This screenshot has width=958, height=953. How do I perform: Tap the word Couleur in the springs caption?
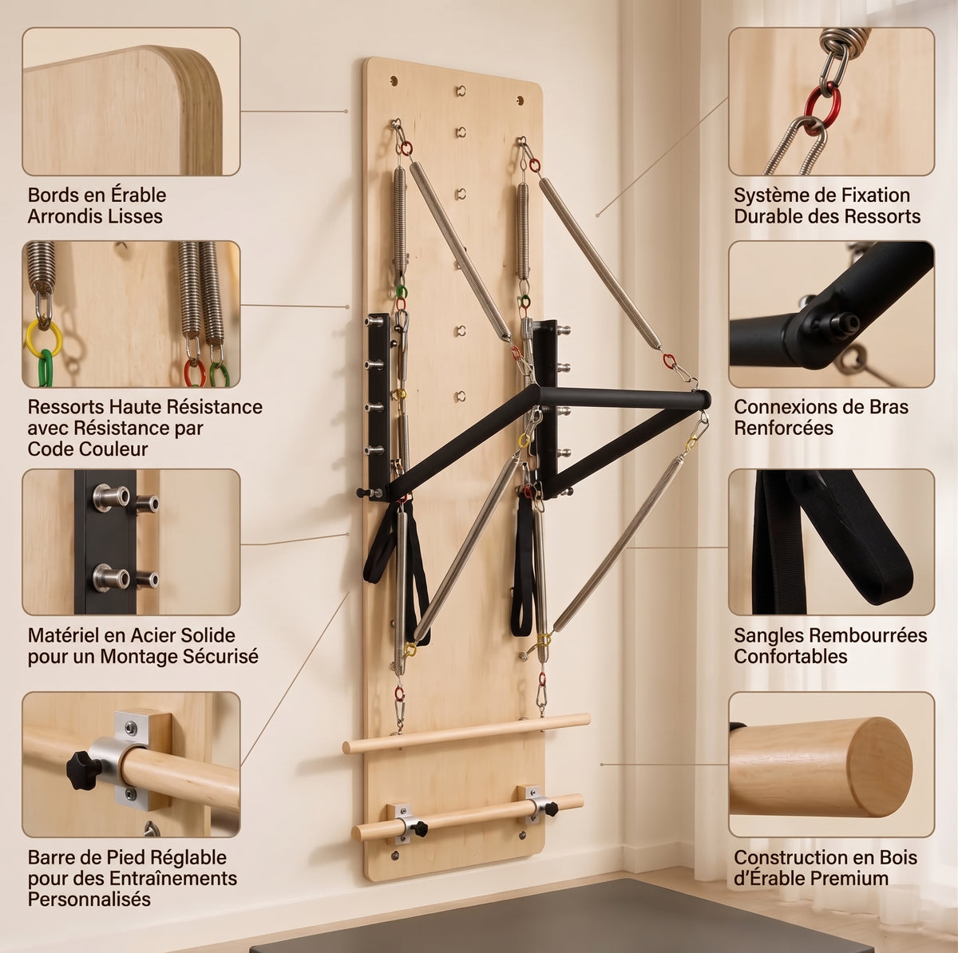88,449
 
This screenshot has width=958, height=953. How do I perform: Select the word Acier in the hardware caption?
151,635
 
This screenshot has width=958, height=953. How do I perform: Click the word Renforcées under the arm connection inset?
783,428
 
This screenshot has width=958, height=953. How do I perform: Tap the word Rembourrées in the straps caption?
866,635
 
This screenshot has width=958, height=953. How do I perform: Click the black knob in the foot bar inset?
85,770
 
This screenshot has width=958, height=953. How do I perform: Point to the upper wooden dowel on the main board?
466,733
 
